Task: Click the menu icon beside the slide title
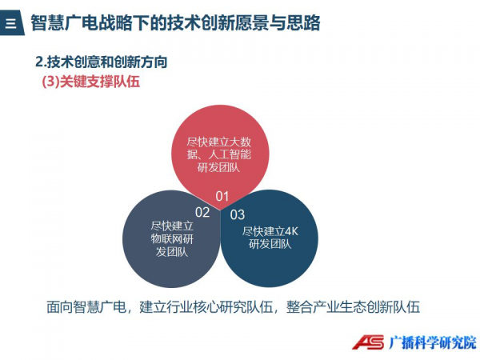pyautogui.click(x=11, y=22)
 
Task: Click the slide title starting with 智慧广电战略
pyautogui.click(x=175, y=22)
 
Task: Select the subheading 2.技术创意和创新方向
pyautogui.click(x=102, y=62)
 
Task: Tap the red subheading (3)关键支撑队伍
pyautogui.click(x=91, y=82)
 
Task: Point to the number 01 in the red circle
pyautogui.click(x=222, y=197)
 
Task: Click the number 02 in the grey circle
pyautogui.click(x=202, y=213)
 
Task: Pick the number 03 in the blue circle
pyautogui.click(x=238, y=214)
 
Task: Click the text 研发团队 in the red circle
pyautogui.click(x=218, y=168)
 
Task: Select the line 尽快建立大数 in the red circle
pyautogui.click(x=219, y=142)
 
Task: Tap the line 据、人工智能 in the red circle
pyautogui.click(x=219, y=154)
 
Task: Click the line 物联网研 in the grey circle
pyautogui.click(x=172, y=239)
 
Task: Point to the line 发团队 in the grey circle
pyautogui.click(x=172, y=252)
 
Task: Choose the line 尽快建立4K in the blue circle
pyautogui.click(x=270, y=231)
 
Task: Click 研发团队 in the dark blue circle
pyautogui.click(x=270, y=244)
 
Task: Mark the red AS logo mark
pyautogui.click(x=368, y=342)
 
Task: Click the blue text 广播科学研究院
pyautogui.click(x=433, y=342)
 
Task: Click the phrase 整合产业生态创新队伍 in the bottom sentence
pyautogui.click(x=353, y=307)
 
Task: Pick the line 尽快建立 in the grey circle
pyautogui.click(x=172, y=226)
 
